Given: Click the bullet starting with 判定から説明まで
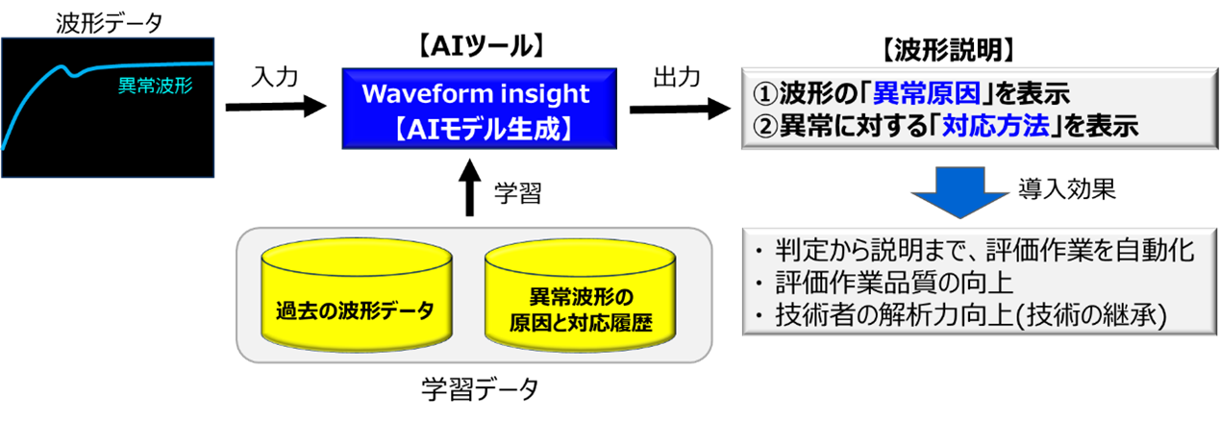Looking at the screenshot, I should click(971, 251).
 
